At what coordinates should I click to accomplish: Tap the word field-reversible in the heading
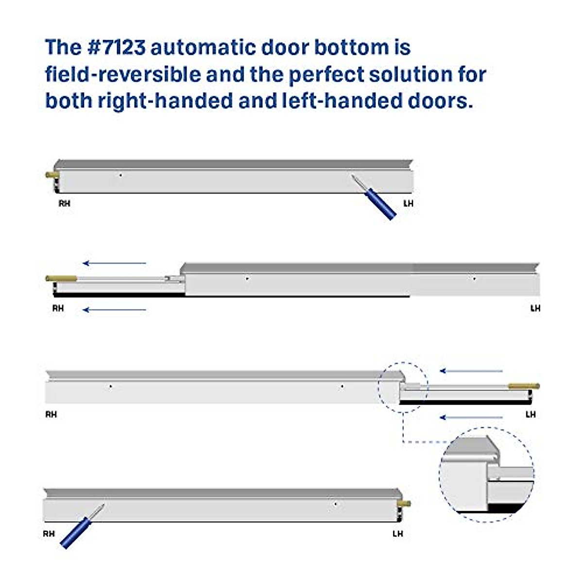[122, 74]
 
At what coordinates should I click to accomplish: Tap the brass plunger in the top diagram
[51, 174]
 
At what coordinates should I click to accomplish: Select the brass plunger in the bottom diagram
[405, 504]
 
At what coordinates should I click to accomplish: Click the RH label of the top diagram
[64, 204]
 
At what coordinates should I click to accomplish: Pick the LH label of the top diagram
[408, 204]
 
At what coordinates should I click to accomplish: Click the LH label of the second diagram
[535, 308]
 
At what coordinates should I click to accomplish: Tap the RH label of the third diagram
[51, 414]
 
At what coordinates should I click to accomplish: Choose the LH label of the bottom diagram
[397, 533]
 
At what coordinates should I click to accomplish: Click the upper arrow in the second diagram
[114, 263]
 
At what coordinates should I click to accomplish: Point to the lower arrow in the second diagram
[114, 309]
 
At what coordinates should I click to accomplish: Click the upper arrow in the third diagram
[471, 371]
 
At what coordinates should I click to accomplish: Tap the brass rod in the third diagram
[524, 386]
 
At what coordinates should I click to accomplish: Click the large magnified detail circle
[487, 474]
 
